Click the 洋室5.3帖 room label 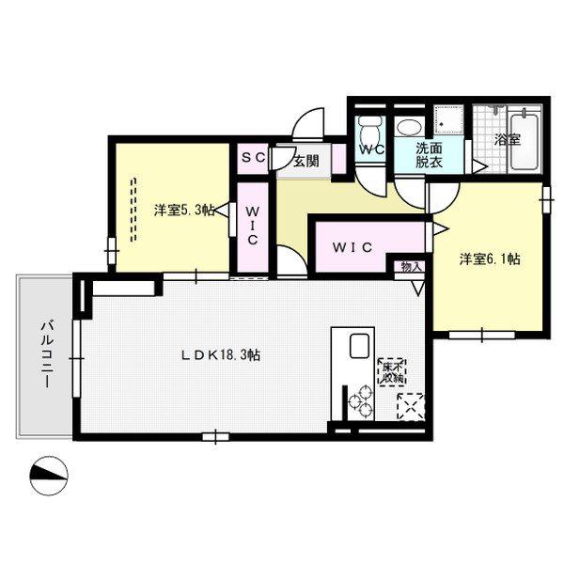pyautogui.click(x=184, y=211)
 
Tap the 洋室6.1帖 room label pyautogui.click(x=490, y=259)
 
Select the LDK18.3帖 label pyautogui.click(x=220, y=355)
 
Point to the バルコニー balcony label pyautogui.click(x=48, y=354)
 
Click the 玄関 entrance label pyautogui.click(x=306, y=162)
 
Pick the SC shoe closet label pyautogui.click(x=253, y=158)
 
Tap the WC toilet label pyautogui.click(x=372, y=150)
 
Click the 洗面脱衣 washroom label pyautogui.click(x=429, y=155)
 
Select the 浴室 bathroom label pyautogui.click(x=508, y=139)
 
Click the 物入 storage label pyautogui.click(x=411, y=267)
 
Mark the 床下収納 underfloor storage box pyautogui.click(x=392, y=372)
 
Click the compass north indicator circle pyautogui.click(x=49, y=477)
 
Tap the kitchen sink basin pyautogui.click(x=359, y=346)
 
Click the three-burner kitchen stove pyautogui.click(x=361, y=400)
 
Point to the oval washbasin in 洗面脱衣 pyautogui.click(x=410, y=128)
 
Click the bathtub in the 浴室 pyautogui.click(x=525, y=142)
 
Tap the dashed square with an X pyautogui.click(x=411, y=406)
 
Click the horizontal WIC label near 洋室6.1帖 pyautogui.click(x=352, y=247)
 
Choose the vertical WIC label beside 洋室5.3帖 pyautogui.click(x=252, y=226)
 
